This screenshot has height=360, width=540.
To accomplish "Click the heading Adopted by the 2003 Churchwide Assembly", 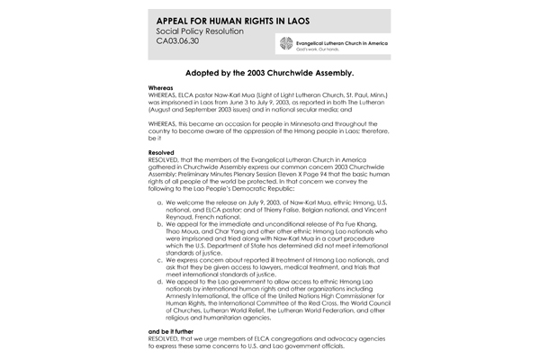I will pyautogui.click(x=269, y=78).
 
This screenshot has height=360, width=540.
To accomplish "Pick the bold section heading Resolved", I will pyautogui.click(x=148, y=153).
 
